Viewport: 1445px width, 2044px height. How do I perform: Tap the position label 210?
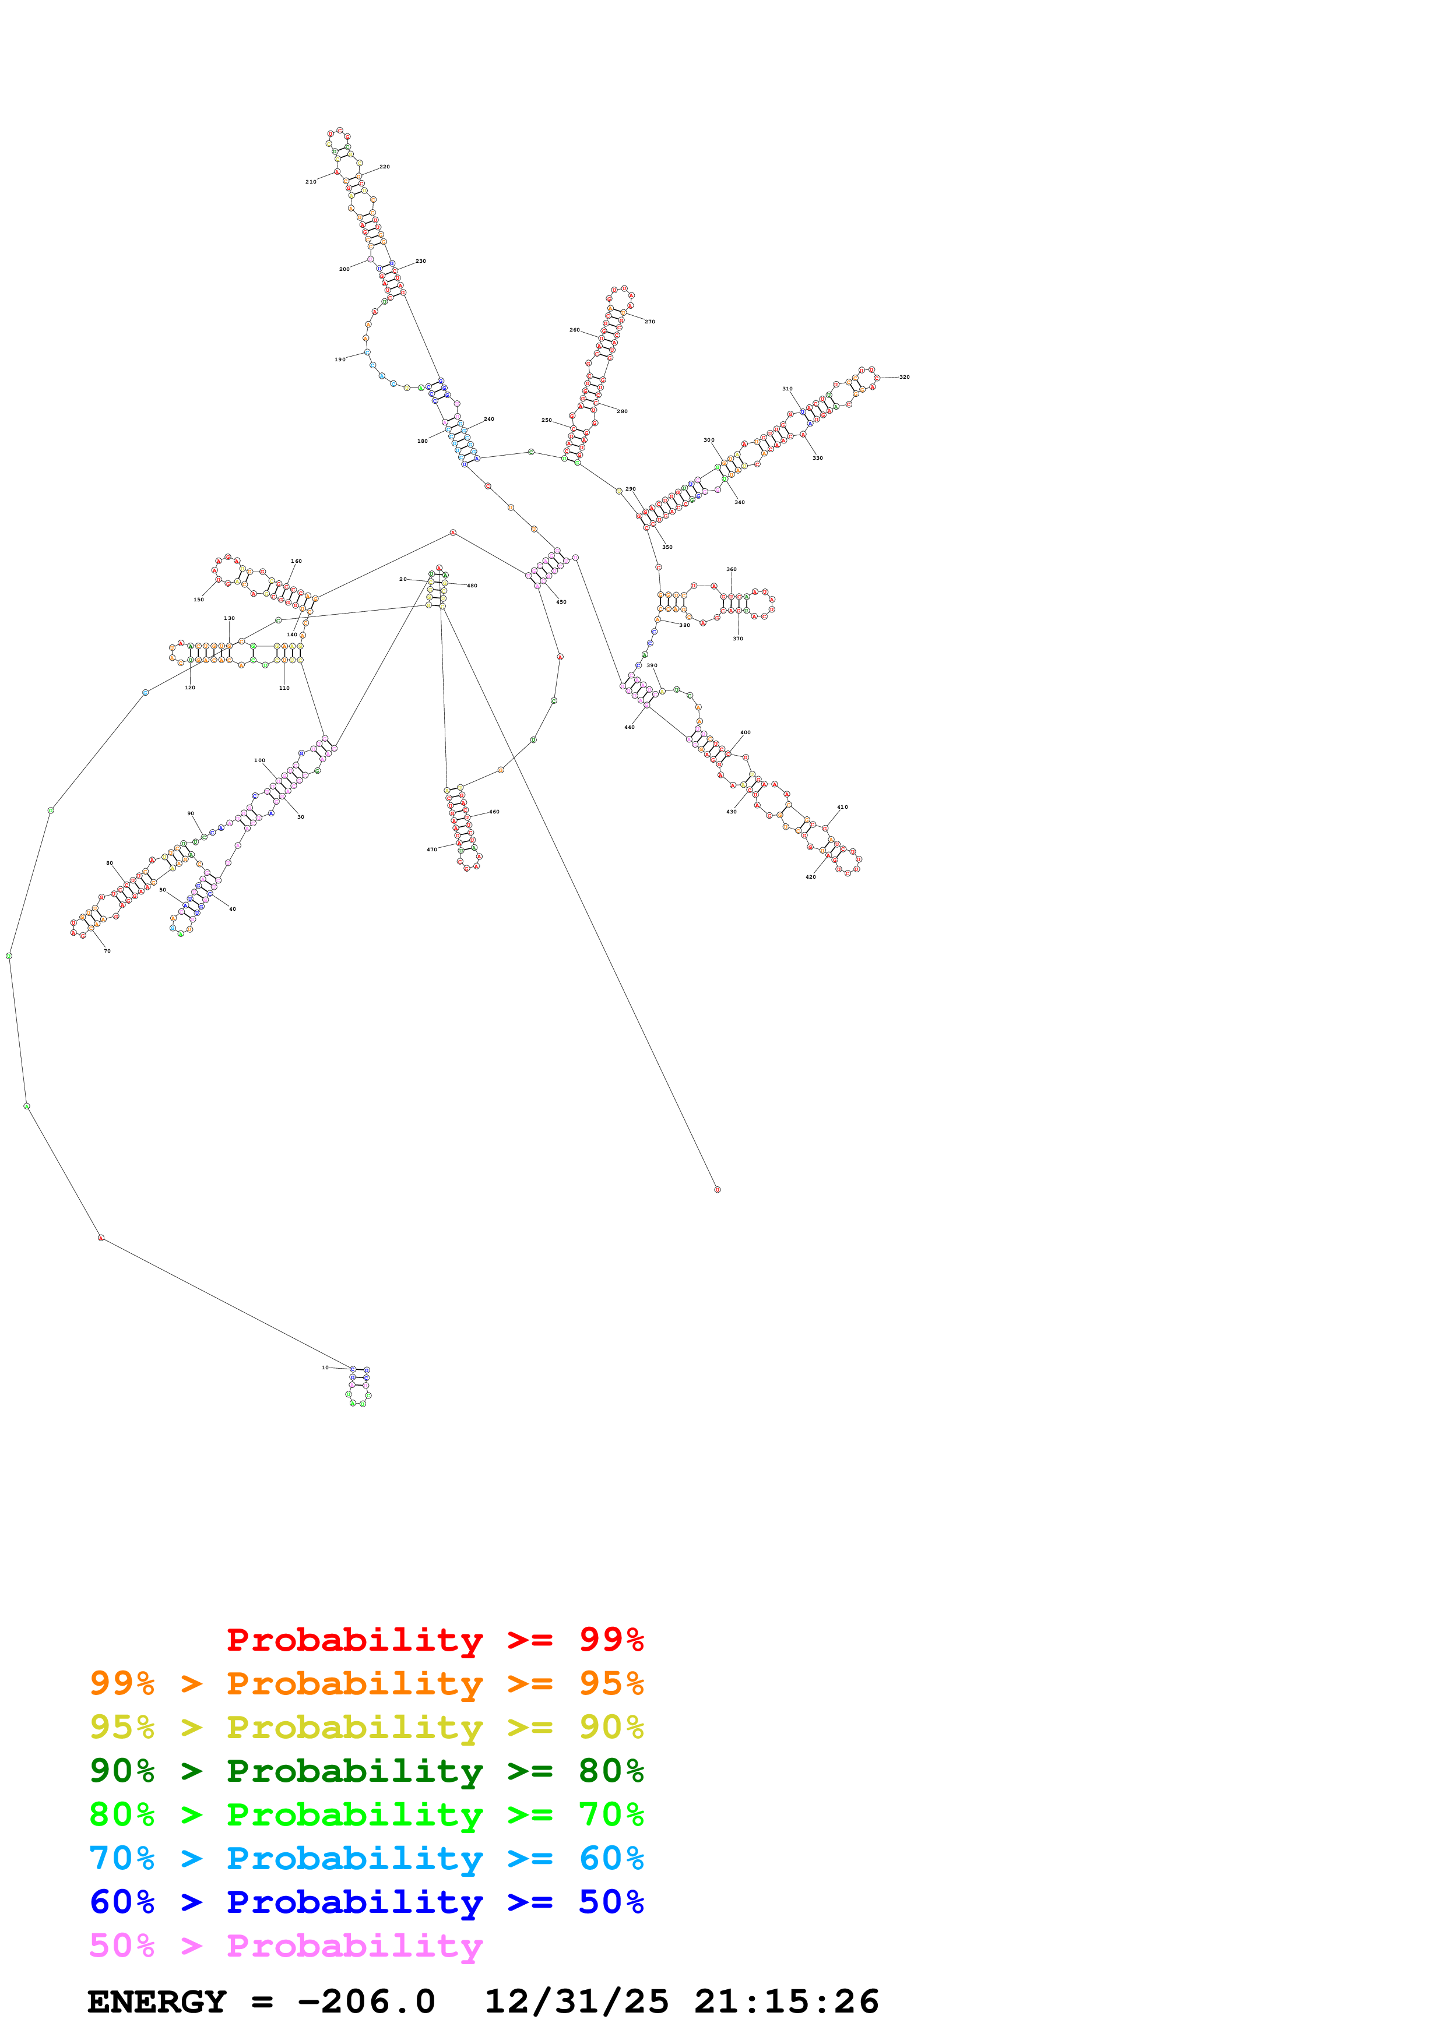point(311,182)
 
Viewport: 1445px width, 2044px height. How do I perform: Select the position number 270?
point(650,322)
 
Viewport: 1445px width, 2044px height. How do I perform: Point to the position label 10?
point(325,1368)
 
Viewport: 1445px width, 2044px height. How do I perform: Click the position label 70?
point(107,951)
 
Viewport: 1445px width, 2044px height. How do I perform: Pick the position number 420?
point(810,877)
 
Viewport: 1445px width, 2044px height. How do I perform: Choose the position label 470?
point(432,850)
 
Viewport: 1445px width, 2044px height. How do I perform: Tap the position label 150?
point(199,599)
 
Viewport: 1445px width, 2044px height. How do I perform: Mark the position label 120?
point(189,688)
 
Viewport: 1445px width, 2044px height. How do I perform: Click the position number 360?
point(731,569)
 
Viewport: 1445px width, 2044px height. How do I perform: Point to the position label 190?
point(340,360)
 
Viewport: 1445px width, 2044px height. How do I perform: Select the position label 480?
point(472,586)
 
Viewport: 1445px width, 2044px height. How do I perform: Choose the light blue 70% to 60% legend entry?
point(366,1858)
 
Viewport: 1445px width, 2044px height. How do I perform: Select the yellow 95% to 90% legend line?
point(366,1726)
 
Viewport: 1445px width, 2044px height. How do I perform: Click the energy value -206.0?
point(366,2002)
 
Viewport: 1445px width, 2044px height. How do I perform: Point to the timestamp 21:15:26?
point(786,2002)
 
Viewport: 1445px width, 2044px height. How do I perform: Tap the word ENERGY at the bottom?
point(157,2002)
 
